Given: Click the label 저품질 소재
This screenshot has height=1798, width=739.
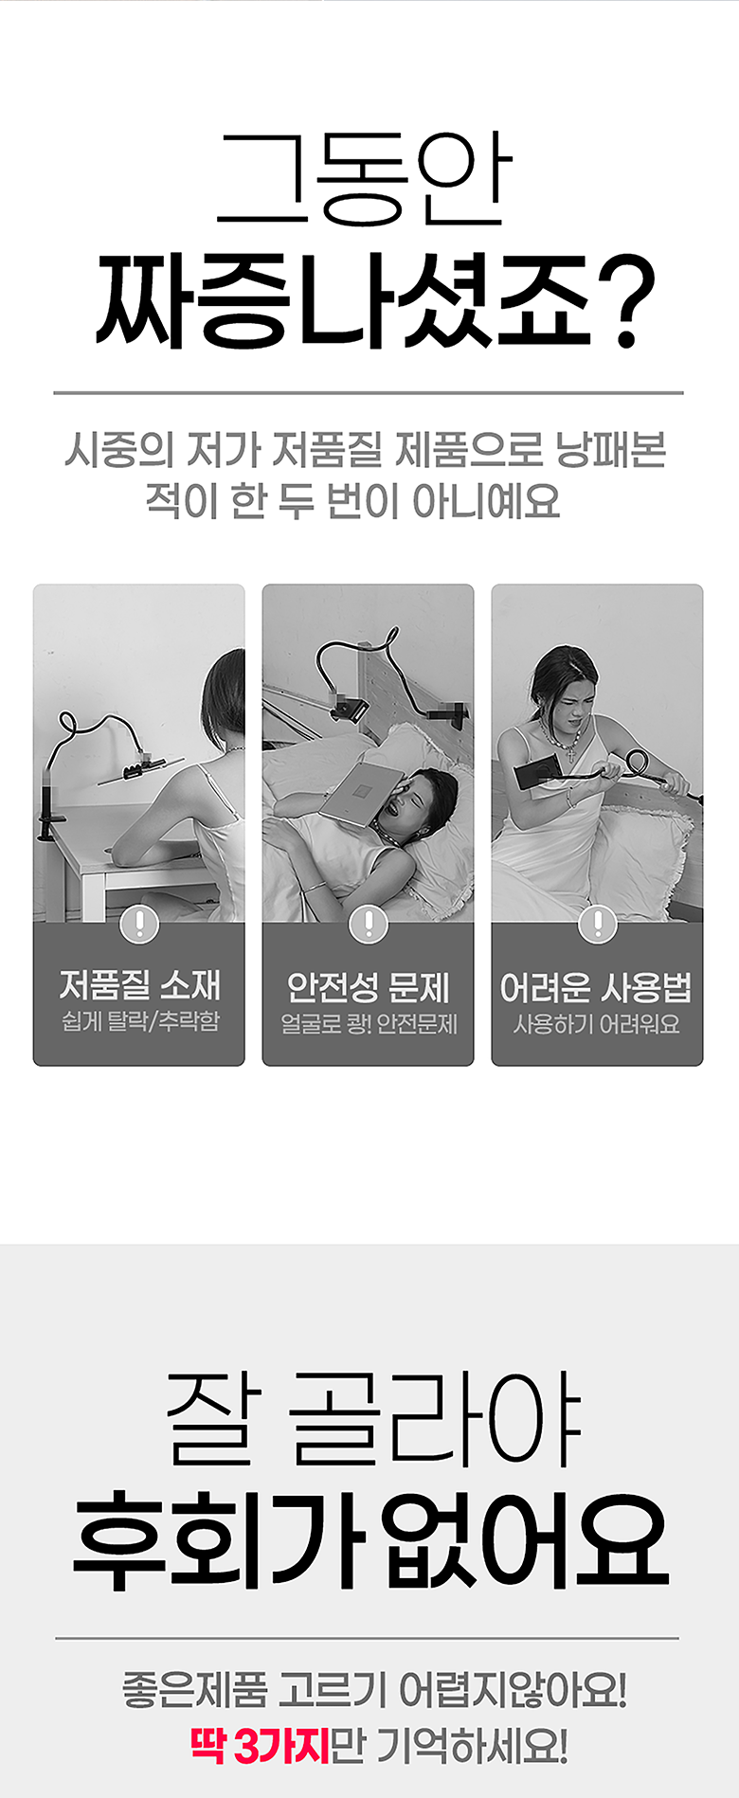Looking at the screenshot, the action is (x=139, y=985).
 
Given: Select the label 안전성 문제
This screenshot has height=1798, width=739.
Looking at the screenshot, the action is (x=369, y=987).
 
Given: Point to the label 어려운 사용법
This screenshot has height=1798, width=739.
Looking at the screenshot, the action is (x=596, y=987).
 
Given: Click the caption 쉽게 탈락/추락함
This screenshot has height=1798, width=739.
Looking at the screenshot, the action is (x=139, y=1021).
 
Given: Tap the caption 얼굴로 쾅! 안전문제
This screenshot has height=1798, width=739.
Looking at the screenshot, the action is (x=369, y=1023).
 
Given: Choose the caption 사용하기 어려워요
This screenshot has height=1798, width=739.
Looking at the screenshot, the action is (x=597, y=1023).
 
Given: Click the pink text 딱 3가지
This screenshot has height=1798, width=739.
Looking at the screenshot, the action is (x=260, y=1745).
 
